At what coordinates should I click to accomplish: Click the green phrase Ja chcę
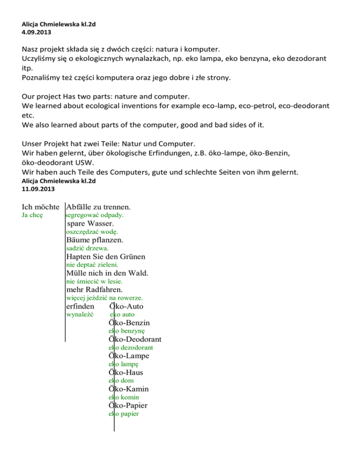pyautogui.click(x=33, y=215)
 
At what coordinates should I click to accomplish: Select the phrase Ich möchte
pyautogui.click(x=43, y=207)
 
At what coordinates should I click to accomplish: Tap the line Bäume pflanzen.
pyautogui.click(x=95, y=240)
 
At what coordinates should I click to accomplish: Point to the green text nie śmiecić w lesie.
pyautogui.click(x=94, y=281)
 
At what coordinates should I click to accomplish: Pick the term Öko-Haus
pyautogui.click(x=126, y=372)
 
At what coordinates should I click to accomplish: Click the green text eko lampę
pyautogui.click(x=123, y=364)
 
